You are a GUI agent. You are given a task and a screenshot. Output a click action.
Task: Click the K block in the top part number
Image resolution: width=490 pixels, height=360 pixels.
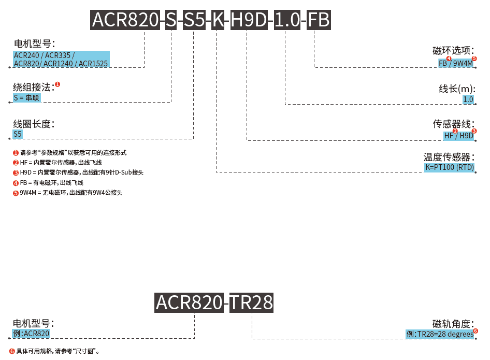pyautogui.click(x=218, y=20)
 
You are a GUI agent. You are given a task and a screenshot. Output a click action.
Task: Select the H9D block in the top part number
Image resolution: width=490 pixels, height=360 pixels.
pyautogui.click(x=249, y=20)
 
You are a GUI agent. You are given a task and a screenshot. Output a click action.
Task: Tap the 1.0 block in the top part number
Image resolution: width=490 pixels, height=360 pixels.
pyautogui.click(x=287, y=20)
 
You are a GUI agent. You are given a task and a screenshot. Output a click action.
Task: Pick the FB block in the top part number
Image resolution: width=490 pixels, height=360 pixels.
pyautogui.click(x=319, y=20)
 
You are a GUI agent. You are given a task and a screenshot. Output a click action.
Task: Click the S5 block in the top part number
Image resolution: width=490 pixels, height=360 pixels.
pyautogui.click(x=194, y=20)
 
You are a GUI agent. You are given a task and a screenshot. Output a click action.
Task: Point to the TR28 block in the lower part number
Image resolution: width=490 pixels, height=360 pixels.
pyautogui.click(x=251, y=303)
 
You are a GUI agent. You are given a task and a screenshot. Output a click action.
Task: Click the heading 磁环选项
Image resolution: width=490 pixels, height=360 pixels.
pyautogui.click(x=453, y=50)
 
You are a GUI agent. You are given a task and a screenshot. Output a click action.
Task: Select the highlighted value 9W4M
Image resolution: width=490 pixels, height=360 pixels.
pyautogui.click(x=463, y=63)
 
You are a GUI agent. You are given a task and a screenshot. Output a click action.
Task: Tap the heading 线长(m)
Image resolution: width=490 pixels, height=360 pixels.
pyautogui.click(x=457, y=89)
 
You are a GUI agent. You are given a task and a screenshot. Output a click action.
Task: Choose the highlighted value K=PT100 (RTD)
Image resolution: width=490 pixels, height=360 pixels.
pyautogui.click(x=450, y=167)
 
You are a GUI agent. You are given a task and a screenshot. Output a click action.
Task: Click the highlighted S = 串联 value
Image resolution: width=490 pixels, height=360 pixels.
pyautogui.click(x=26, y=98)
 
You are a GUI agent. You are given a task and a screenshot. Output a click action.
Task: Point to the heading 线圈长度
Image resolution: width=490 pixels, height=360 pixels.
pyautogui.click(x=34, y=124)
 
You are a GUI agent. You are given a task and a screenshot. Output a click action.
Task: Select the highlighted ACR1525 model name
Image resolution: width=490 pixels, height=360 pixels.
pyautogui.click(x=93, y=64)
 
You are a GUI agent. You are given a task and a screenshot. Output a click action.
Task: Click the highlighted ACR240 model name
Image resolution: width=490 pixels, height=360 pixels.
pyautogui.click(x=26, y=55)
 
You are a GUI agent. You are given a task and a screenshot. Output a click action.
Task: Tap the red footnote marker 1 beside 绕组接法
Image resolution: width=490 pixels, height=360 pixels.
pyautogui.click(x=57, y=84)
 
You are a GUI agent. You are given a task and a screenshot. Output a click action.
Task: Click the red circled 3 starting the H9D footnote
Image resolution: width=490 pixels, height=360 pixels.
pyautogui.click(x=16, y=173)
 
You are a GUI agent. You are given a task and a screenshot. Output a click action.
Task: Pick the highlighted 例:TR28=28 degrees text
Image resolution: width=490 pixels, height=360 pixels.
pyautogui.click(x=440, y=334)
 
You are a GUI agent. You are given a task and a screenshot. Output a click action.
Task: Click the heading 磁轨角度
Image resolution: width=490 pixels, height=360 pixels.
pyautogui.click(x=453, y=323)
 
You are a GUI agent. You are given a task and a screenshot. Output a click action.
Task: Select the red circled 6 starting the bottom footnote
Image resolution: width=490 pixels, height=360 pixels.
pyautogui.click(x=12, y=351)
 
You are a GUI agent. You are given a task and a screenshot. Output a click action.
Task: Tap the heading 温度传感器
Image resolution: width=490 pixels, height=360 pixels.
pyautogui.click(x=449, y=157)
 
